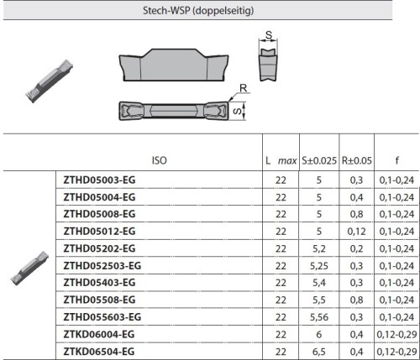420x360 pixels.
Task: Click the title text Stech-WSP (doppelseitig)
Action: click(x=198, y=11)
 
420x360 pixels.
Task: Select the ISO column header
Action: click(x=160, y=160)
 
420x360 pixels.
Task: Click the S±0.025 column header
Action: click(x=319, y=160)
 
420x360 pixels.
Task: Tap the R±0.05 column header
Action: click(x=357, y=160)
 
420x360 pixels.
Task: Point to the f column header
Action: click(x=396, y=160)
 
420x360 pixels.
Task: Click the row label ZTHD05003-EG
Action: click(x=99, y=180)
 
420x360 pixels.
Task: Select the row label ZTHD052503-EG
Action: click(x=102, y=266)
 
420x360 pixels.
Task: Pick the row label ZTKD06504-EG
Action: click(x=99, y=352)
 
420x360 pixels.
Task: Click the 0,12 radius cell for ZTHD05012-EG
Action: click(x=356, y=232)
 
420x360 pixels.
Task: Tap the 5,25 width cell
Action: click(x=319, y=266)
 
